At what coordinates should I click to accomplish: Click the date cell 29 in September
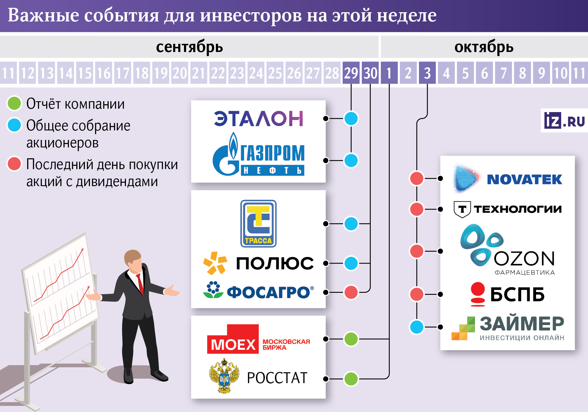pos(351,73)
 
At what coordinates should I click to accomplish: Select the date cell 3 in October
pos(427,73)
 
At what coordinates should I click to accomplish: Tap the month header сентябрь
pos(189,47)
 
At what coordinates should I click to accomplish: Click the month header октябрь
pos(484,47)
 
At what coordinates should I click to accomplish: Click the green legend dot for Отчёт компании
pos(15,104)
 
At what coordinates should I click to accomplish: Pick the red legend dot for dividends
pos(15,164)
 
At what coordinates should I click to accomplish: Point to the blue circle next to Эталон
pos(351,119)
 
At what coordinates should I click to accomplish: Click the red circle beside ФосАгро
pos(351,292)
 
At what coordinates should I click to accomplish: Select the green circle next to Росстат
pos(351,379)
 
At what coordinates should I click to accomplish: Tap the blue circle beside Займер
pos(417,327)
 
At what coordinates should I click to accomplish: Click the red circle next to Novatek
pos(417,178)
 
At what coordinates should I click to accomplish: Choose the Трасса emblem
pos(258,223)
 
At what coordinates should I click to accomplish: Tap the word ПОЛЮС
pos(275,264)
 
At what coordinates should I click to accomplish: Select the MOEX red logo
pos(233,340)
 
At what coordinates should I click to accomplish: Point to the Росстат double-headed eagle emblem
pos(224,376)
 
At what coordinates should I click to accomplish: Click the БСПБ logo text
pos(517,294)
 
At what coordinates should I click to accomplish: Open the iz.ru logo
pos(564,121)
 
